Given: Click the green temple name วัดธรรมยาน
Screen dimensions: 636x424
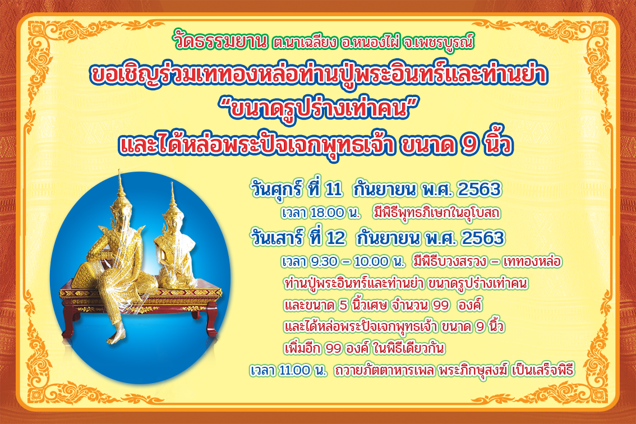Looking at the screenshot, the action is click(221, 42).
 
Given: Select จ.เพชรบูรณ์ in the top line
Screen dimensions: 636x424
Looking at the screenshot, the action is click(439, 43).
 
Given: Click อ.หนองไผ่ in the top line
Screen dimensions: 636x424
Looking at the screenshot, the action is click(368, 43).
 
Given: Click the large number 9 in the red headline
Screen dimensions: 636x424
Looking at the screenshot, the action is click(469, 145).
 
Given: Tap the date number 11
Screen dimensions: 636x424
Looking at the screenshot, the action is click(333, 189).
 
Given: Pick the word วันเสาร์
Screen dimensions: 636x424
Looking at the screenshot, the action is click(278, 238).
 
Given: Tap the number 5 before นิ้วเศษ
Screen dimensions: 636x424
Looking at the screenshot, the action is click(344, 305).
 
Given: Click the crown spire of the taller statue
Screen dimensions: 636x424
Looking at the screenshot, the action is click(120, 183).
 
